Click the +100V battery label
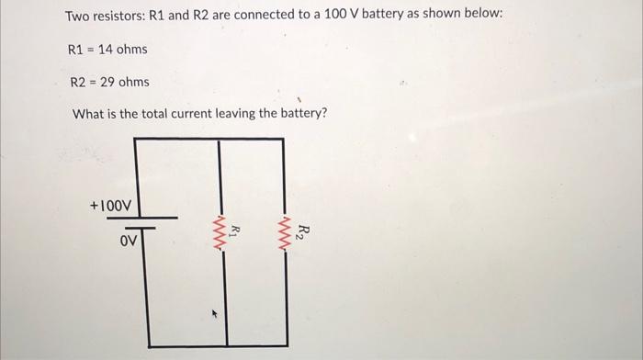click(x=111, y=203)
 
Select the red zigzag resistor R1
click(x=220, y=235)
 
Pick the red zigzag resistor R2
click(x=286, y=235)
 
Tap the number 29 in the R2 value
click(x=107, y=83)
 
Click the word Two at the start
click(x=77, y=17)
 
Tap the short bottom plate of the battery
click(x=135, y=227)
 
